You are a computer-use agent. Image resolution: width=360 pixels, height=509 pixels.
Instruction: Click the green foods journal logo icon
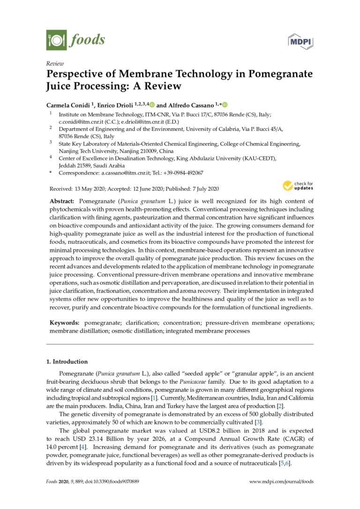[56, 39]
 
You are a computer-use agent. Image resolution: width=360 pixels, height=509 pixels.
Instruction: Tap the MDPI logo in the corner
[300, 42]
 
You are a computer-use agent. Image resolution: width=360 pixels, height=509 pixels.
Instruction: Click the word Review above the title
[55, 64]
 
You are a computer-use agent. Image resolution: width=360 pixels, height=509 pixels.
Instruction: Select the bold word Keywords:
[65, 323]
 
